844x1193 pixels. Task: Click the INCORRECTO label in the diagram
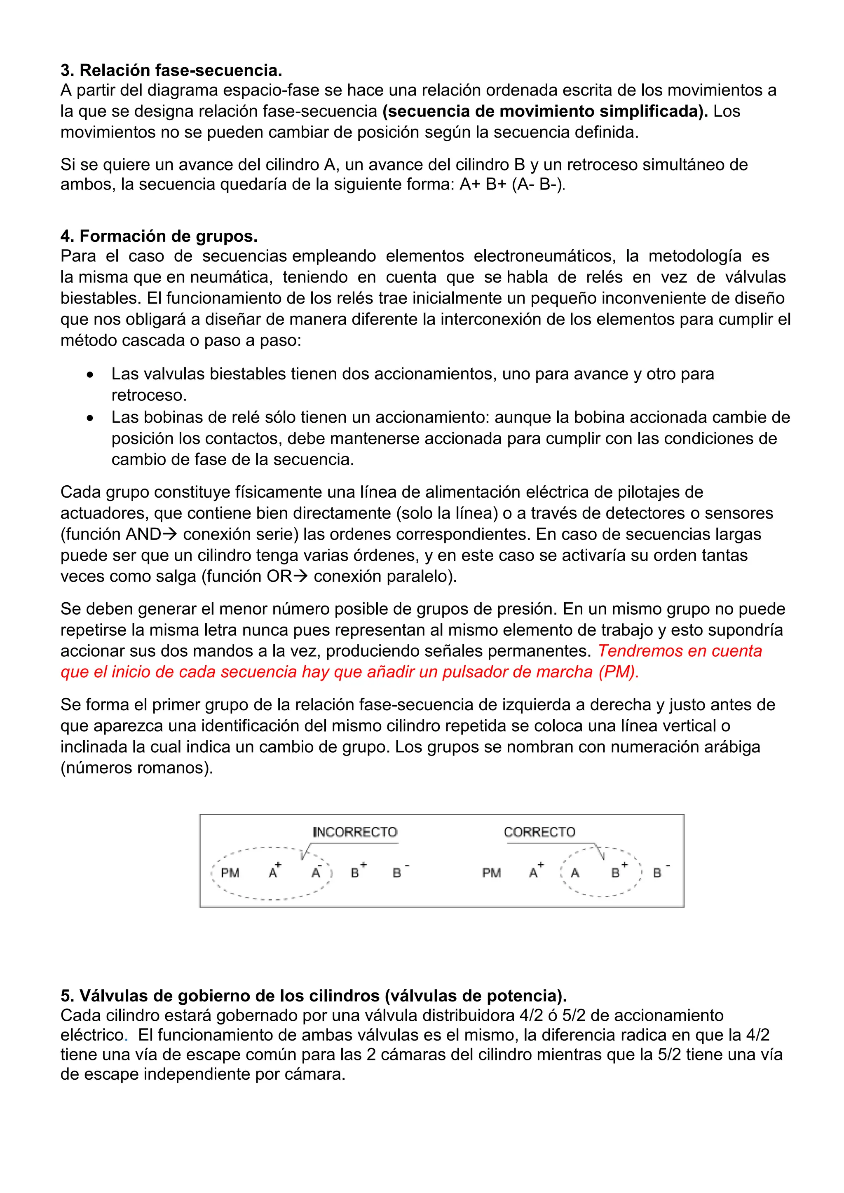[355, 832]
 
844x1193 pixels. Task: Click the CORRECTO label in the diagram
[539, 832]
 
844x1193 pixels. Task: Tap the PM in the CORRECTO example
[491, 873]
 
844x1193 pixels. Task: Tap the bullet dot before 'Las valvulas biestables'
[91, 374]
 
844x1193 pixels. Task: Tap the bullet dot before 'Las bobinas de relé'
[91, 418]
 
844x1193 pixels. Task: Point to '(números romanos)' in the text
[137, 767]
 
